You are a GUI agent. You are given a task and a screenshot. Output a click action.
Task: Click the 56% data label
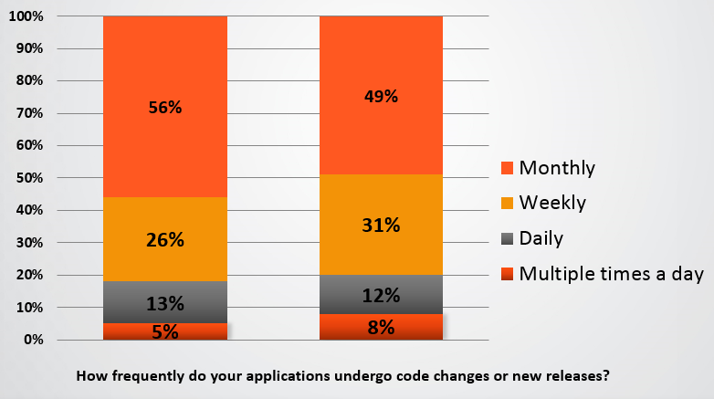[165, 108]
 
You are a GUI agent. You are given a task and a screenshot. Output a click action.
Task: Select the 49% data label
[381, 97]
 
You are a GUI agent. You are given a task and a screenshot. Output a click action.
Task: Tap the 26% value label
[165, 240]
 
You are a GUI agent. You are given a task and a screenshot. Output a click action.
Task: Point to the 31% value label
[381, 225]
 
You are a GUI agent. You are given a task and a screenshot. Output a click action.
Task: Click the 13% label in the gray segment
[165, 304]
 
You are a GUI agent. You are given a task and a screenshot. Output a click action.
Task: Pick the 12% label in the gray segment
[381, 296]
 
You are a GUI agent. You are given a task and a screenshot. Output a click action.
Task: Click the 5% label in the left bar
[165, 332]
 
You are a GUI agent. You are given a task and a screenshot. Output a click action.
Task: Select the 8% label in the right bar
[381, 328]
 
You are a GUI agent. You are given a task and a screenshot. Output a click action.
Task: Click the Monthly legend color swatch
[507, 168]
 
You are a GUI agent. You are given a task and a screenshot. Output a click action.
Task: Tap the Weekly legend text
[552, 203]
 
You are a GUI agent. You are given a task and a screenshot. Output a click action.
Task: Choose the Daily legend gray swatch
[507, 238]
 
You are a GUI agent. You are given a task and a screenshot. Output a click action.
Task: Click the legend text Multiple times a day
[611, 274]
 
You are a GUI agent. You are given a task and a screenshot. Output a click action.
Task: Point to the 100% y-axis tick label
[26, 16]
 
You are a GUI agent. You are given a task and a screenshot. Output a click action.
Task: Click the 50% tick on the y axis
[29, 178]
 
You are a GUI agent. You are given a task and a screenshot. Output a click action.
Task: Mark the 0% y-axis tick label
[33, 340]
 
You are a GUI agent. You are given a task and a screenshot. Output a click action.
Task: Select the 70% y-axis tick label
[29, 113]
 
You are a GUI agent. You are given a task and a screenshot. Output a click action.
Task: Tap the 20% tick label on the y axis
[29, 275]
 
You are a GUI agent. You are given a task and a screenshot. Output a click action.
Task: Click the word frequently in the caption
[148, 376]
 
